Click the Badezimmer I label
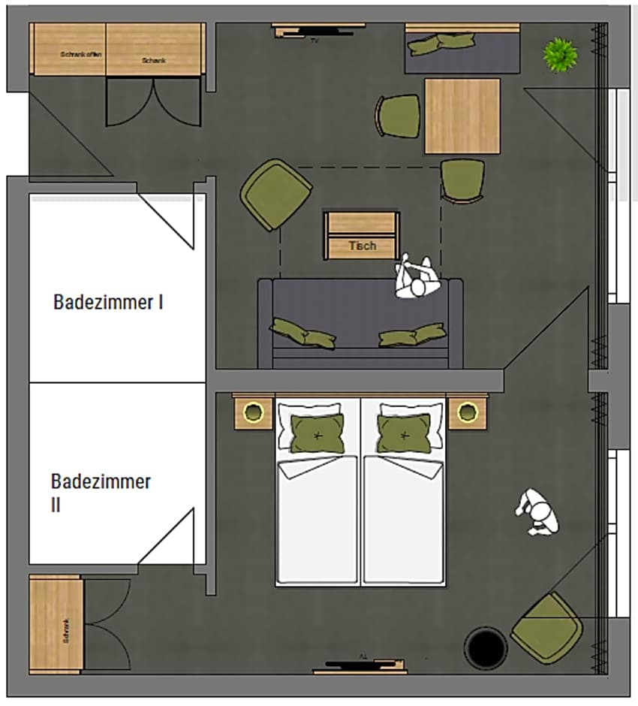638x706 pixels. coord(108,302)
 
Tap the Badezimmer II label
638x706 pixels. coord(101,492)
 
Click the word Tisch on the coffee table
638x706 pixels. coord(362,246)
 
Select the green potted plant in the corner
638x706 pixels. coord(560,55)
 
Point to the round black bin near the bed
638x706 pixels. coord(486,647)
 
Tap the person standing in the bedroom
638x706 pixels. coord(537,512)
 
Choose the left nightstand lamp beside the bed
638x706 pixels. coord(254,412)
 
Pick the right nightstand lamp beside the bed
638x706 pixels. coord(468,412)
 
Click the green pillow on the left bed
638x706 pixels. coord(317,434)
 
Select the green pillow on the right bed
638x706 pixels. coord(404,434)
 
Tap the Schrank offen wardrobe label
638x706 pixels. coord(80,54)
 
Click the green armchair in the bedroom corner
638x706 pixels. coord(547,628)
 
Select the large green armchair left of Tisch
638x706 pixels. coord(276,194)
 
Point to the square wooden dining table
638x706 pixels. coord(462,116)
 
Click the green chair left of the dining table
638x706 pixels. coord(399,116)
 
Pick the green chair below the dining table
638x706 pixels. coord(462,181)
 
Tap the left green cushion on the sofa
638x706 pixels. coord(302,333)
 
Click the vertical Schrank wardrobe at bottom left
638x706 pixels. coord(55,623)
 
